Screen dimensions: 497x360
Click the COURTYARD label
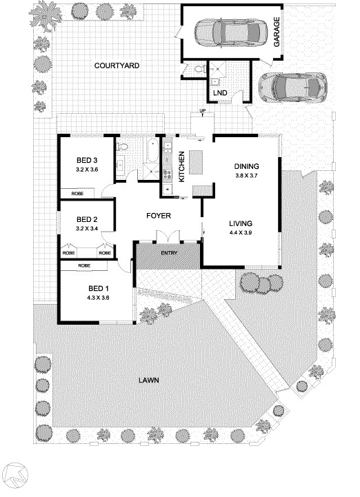[117, 65]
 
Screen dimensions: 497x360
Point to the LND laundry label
[220, 92]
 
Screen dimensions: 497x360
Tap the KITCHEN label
[182, 165]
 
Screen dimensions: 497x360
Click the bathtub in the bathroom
[150, 150]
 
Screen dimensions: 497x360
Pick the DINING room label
[246, 166]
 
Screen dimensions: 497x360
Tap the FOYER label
[158, 216]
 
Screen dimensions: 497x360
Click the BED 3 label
[86, 161]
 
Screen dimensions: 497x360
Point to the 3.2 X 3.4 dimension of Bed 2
[86, 229]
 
